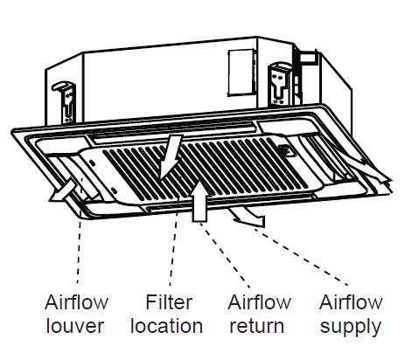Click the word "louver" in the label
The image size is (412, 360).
(x=75, y=326)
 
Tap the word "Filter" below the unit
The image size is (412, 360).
(x=169, y=302)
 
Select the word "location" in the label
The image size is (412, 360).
(x=166, y=326)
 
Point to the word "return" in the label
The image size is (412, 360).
(x=257, y=326)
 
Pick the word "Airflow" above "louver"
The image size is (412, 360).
(x=76, y=302)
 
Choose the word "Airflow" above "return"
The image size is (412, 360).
(x=259, y=302)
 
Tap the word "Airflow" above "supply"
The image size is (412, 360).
(x=351, y=302)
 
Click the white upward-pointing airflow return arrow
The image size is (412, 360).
(x=199, y=201)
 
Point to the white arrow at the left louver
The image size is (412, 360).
(x=63, y=190)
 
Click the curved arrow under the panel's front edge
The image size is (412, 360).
(x=248, y=217)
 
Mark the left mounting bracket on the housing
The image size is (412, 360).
(x=66, y=102)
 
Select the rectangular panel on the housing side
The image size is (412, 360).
(x=241, y=73)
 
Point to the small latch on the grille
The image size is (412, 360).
(x=286, y=150)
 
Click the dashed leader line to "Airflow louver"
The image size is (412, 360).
(x=79, y=251)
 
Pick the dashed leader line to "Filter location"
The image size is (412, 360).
(x=173, y=247)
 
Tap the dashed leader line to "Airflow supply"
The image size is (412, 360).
(x=300, y=256)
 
